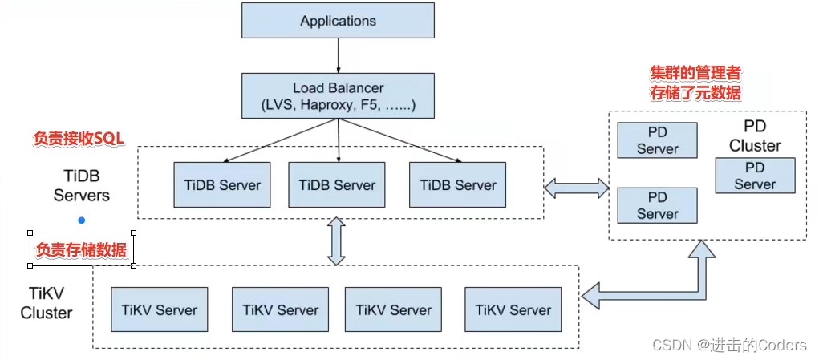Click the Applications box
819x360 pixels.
coord(337,21)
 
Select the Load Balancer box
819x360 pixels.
coord(337,95)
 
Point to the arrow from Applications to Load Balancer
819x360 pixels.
coord(338,55)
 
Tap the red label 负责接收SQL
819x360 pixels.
coord(79,139)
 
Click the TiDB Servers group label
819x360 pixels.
coord(82,184)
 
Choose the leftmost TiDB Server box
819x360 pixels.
coord(217,184)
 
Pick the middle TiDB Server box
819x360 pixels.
coord(337,184)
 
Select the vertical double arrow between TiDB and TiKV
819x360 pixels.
coord(336,241)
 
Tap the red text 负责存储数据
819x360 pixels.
coord(82,250)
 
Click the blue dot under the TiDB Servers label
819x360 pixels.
coord(81,220)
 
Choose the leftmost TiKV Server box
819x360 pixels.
coord(159,309)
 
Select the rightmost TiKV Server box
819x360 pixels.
coord(513,309)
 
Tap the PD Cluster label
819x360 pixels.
coord(755,136)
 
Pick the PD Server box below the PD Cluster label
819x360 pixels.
coord(755,176)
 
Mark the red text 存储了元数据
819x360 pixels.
coord(695,93)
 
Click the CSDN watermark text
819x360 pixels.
coord(728,345)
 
